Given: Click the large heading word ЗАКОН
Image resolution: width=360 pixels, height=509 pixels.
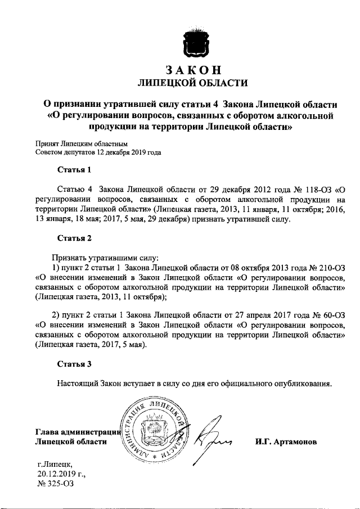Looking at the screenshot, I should coord(193,70).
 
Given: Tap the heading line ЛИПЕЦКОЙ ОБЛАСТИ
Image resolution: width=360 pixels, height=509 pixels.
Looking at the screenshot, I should coord(193,84).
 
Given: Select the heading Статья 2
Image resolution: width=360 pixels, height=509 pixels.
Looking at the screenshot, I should coord(74,238).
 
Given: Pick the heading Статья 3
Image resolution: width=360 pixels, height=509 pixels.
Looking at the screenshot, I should coord(74,364).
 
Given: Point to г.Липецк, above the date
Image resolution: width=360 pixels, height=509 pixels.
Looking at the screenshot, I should coord(54,463).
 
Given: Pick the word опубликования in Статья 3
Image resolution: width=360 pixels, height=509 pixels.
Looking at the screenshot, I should coord(301,384).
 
